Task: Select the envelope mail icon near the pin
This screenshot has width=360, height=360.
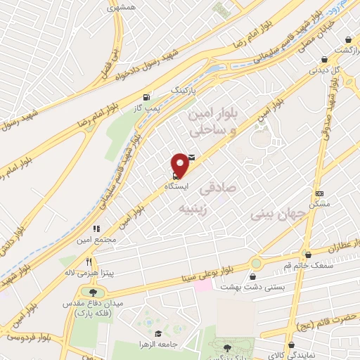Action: pyautogui.click(x=192, y=157)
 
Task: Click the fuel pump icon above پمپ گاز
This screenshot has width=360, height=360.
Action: pyautogui.click(x=146, y=97)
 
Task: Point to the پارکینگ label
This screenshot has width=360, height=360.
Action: pyautogui.click(x=185, y=91)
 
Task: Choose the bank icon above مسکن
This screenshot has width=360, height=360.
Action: pyautogui.click(x=320, y=192)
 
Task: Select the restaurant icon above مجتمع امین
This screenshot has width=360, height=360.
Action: pyautogui.click(x=97, y=229)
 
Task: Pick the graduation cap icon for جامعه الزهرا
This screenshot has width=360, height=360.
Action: pyautogui.click(x=159, y=335)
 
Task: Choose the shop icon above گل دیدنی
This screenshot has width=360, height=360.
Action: pyautogui.click(x=323, y=60)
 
